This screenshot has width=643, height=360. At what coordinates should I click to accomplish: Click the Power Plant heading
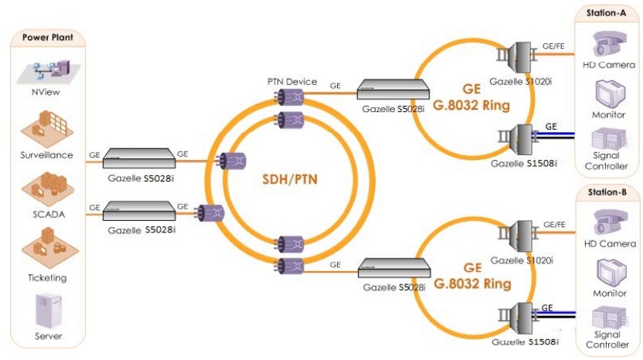(x=48, y=37)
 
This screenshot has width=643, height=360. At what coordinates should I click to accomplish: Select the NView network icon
(x=49, y=71)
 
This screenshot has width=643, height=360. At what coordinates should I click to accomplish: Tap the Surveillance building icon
(x=47, y=128)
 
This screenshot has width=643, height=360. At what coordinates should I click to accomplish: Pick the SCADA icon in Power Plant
(x=48, y=189)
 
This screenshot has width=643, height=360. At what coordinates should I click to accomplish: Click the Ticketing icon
(x=49, y=248)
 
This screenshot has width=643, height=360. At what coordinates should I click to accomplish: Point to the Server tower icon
(x=49, y=311)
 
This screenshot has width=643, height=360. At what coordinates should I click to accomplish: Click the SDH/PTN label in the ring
(x=290, y=179)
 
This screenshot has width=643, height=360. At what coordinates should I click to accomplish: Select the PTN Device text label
(x=292, y=82)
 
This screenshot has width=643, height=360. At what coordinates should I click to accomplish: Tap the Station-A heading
(x=606, y=13)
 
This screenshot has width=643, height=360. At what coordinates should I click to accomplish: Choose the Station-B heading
(x=607, y=192)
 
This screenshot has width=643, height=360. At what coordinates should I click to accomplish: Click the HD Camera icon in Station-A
(x=609, y=43)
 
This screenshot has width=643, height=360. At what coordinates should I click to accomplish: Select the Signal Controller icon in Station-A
(x=608, y=138)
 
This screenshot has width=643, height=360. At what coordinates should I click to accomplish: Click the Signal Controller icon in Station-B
(x=609, y=318)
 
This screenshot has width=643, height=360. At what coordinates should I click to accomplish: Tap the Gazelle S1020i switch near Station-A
(x=518, y=56)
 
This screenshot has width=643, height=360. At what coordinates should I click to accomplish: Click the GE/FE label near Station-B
(x=554, y=225)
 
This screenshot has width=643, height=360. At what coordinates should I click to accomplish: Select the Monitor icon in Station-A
(x=610, y=93)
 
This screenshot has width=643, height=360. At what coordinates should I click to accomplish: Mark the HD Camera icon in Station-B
(x=611, y=222)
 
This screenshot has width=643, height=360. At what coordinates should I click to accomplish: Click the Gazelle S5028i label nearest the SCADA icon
(x=141, y=230)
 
